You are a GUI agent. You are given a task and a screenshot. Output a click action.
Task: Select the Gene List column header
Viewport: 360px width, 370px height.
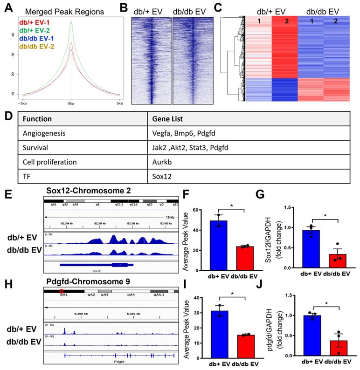click(x=167, y=118)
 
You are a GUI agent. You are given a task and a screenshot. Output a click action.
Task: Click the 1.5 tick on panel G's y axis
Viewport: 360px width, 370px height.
click(x=290, y=207)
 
